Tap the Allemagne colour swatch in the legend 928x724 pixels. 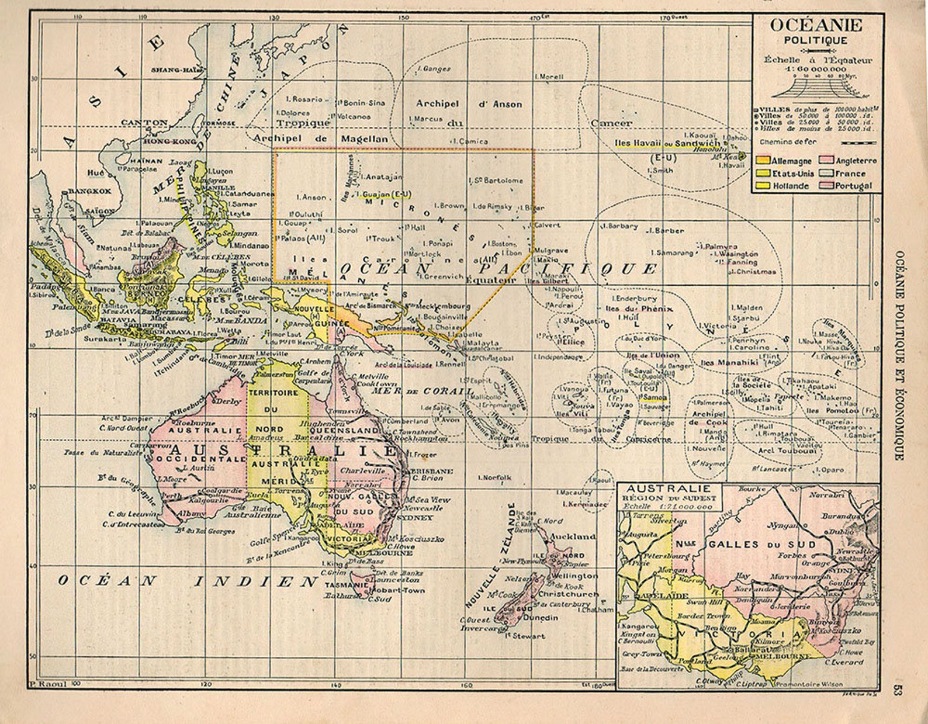(762, 160)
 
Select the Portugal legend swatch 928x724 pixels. (827, 186)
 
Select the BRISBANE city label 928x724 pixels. (432, 470)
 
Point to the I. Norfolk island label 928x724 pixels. (494, 477)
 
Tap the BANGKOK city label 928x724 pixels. (89, 191)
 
